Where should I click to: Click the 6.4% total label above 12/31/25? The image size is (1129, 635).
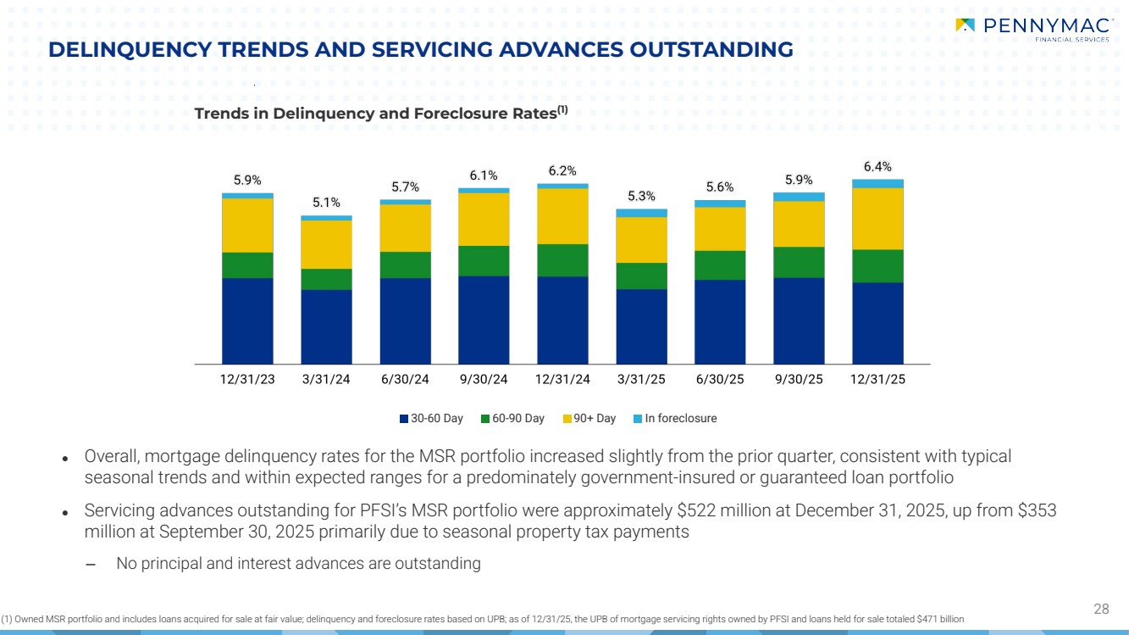877,166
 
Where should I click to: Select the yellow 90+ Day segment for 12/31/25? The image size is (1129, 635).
877,219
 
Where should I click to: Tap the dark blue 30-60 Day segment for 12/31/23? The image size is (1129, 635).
247,320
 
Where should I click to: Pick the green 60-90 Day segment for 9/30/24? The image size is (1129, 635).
484,261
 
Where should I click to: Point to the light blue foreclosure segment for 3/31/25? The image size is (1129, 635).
641,213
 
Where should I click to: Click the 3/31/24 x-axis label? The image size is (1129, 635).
326,380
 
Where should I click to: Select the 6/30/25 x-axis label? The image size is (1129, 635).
720,380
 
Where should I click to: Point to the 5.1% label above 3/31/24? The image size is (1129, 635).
326,203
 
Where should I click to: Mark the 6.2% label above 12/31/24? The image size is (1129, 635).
562,170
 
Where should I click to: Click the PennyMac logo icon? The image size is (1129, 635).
965,25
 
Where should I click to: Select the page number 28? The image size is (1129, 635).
1101,609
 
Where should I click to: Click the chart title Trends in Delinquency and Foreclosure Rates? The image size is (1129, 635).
375,114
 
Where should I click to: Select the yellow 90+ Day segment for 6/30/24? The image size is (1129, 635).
405,228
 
